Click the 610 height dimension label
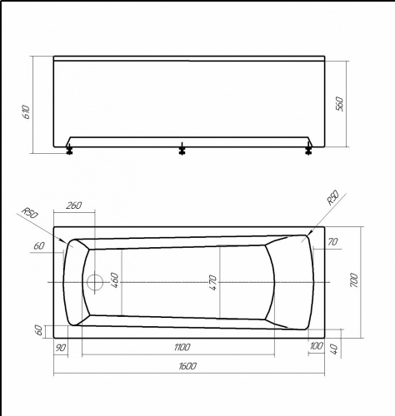tap(27, 111)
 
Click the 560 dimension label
tap(340, 104)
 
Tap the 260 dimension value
tap(74, 206)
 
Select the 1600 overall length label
tap(187, 366)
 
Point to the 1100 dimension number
tap(182, 347)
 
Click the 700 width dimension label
tap(354, 280)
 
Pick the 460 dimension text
tap(115, 280)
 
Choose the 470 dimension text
tap(212, 283)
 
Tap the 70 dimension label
tap(332, 242)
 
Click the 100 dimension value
tap(317, 345)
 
